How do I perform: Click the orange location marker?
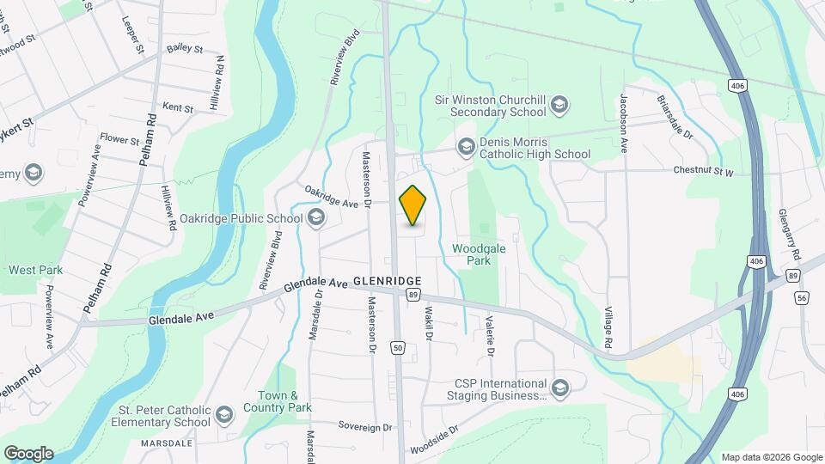[413, 205]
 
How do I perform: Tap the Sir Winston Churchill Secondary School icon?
[560, 105]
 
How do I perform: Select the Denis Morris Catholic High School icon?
[466, 147]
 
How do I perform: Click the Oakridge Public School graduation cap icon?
[315, 218]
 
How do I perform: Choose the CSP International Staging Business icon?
[560, 389]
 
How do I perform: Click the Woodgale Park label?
[472, 255]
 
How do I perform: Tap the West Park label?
[35, 270]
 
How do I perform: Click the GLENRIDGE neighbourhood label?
[387, 281]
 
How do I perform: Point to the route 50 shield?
[397, 347]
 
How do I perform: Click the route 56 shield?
[802, 297]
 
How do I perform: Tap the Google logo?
[28, 453]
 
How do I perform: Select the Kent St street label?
[178, 109]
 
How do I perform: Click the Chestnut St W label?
[703, 172]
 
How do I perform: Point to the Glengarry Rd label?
[791, 235]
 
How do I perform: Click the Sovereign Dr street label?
[364, 426]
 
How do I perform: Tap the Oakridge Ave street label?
[331, 196]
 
